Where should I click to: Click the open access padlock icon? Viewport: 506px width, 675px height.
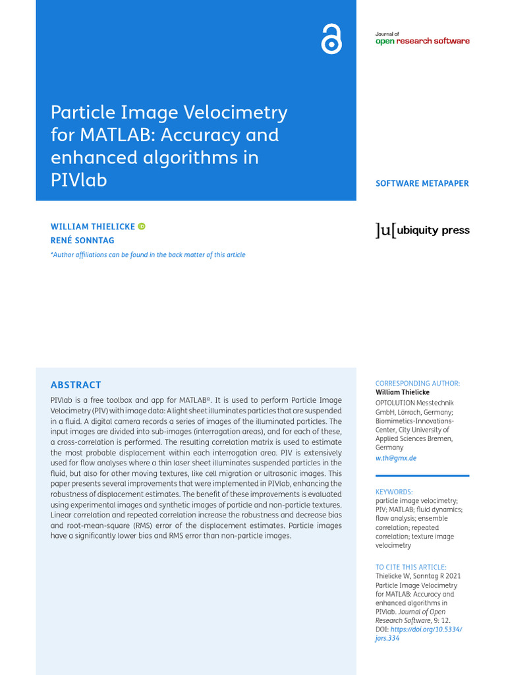tap(331, 40)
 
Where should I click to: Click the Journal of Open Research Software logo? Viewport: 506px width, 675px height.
tap(422, 39)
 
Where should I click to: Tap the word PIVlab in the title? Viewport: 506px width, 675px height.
tap(78, 180)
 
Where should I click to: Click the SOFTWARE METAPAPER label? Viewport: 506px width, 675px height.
tap(422, 183)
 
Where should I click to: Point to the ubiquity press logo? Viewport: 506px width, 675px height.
tap(422, 230)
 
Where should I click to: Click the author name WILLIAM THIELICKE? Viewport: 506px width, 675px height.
tap(93, 227)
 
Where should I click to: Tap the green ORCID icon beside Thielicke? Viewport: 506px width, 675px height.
tap(142, 226)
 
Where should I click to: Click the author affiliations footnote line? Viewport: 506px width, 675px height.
tap(148, 255)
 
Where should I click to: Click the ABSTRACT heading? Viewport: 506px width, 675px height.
tap(76, 385)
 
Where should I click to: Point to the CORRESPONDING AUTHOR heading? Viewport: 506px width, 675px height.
tap(418, 384)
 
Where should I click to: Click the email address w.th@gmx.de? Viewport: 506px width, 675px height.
tap(395, 458)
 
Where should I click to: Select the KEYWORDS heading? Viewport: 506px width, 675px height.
tap(394, 492)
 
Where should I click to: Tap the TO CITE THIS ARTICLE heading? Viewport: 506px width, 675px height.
tap(411, 567)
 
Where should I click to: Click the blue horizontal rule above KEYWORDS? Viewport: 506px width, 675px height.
tap(422, 475)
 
